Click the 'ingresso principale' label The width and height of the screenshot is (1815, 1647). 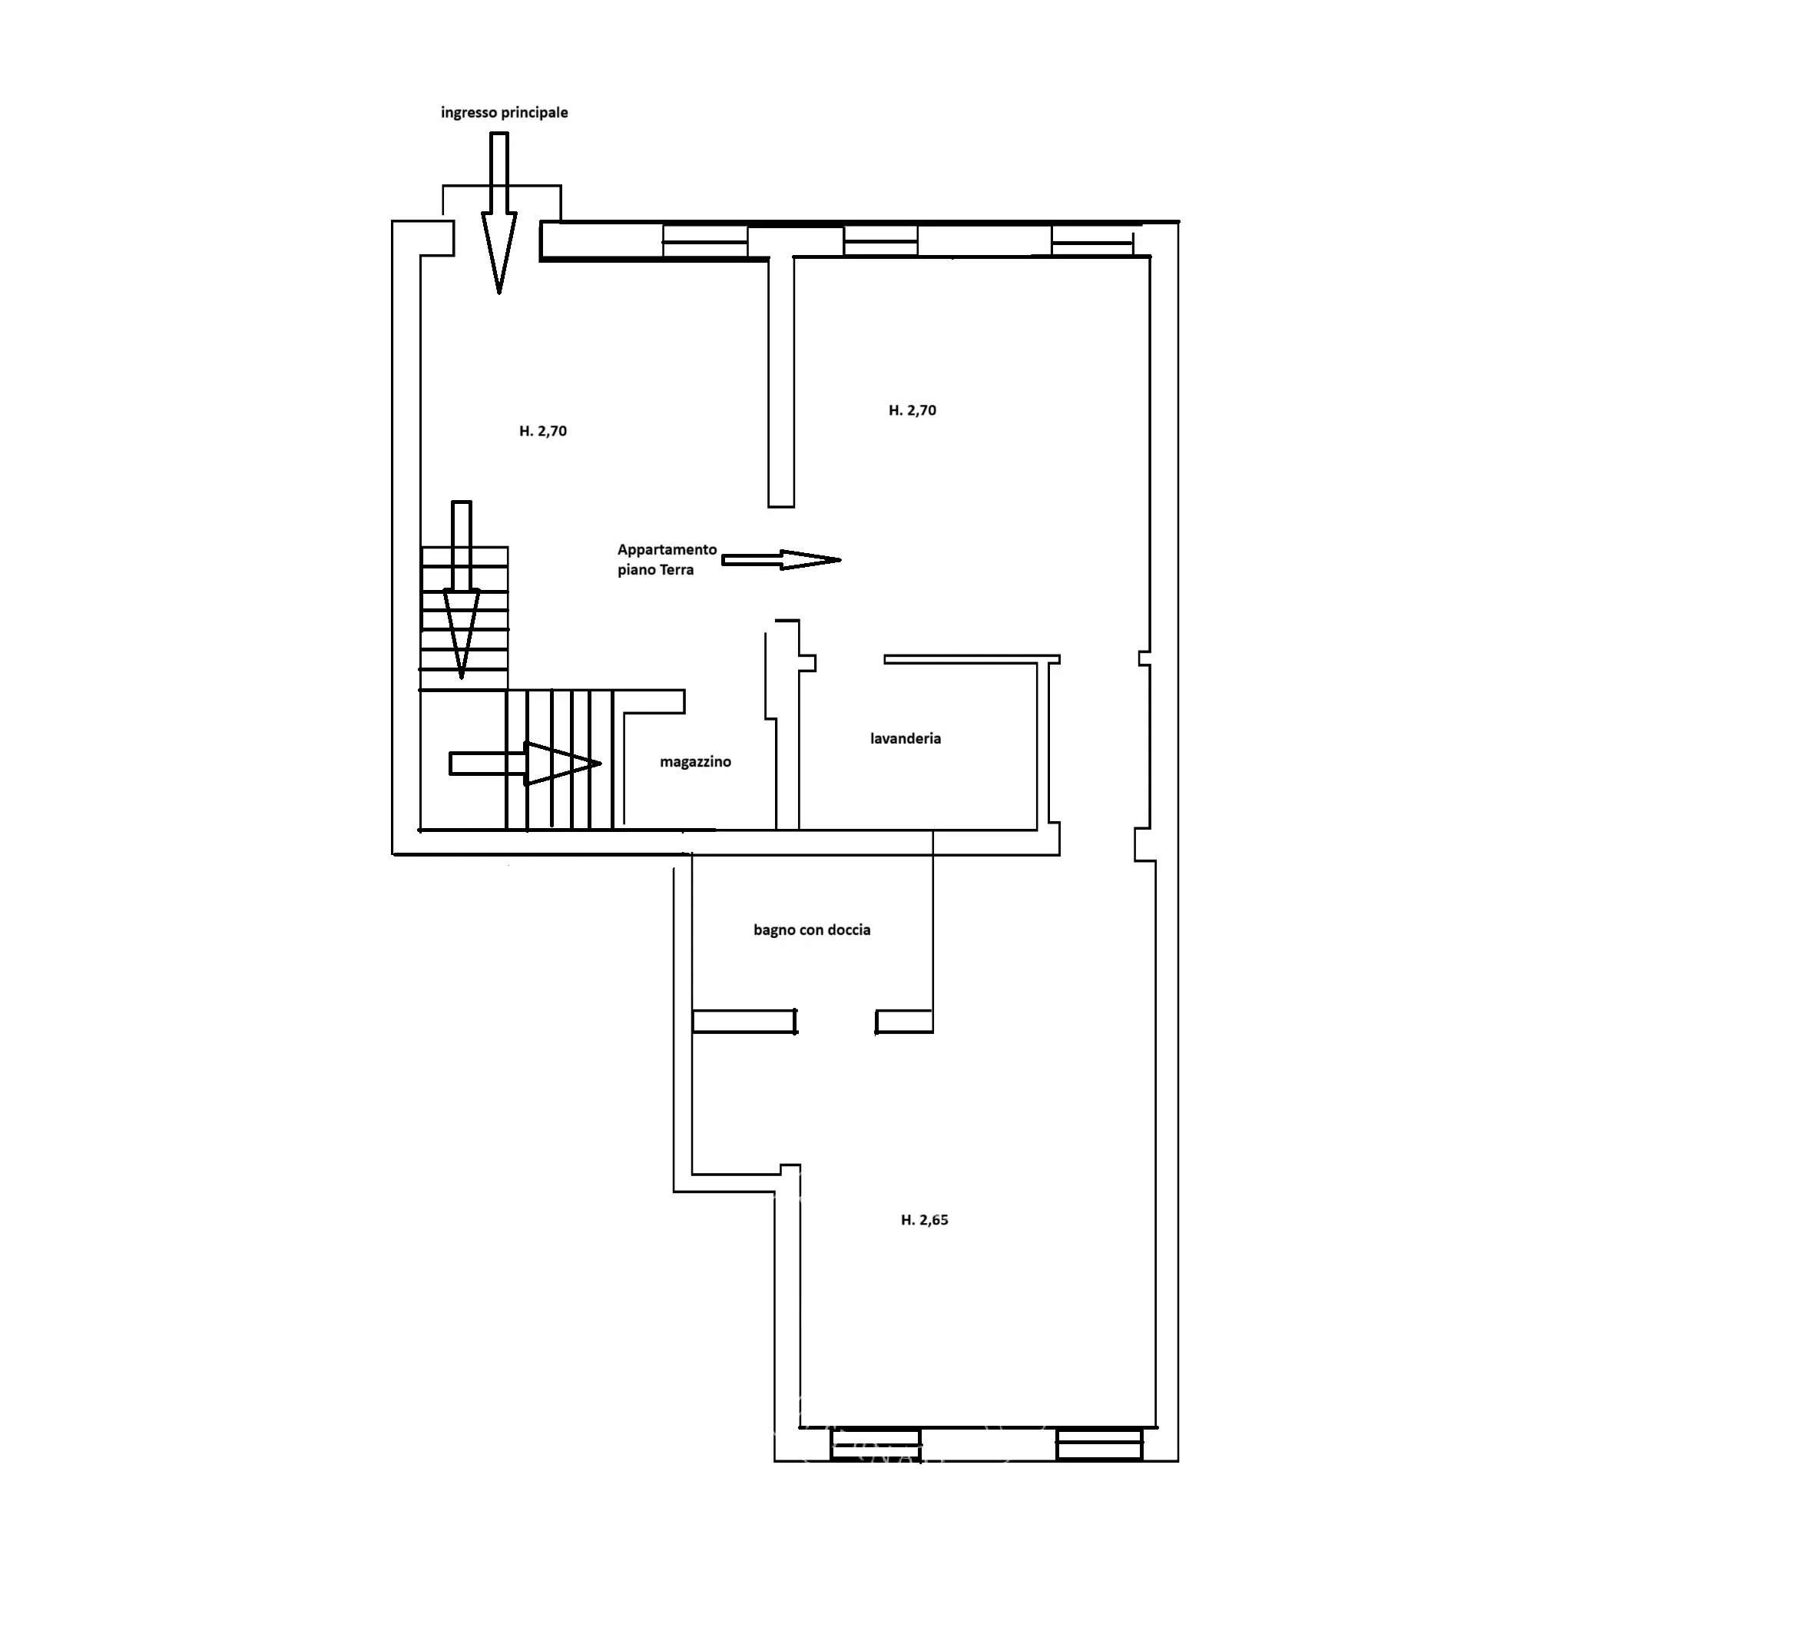tap(504, 113)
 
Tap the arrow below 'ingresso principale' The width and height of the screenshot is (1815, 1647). tap(498, 214)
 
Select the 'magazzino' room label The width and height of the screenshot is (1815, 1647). tap(695, 762)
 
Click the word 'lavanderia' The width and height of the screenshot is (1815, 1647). tap(905, 738)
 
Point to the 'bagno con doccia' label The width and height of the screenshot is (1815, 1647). tap(812, 930)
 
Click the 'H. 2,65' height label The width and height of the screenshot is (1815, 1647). tap(925, 1220)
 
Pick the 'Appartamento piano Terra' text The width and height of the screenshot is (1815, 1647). tap(667, 559)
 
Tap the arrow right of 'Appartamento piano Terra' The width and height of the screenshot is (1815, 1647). tap(781, 560)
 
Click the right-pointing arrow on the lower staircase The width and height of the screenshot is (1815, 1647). tap(525, 764)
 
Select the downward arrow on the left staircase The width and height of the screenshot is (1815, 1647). tap(461, 590)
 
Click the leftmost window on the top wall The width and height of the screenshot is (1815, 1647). tap(705, 241)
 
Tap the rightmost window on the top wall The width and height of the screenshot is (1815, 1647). tap(1092, 241)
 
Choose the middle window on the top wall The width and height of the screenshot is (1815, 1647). tap(880, 241)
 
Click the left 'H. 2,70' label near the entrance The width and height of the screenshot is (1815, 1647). tap(543, 431)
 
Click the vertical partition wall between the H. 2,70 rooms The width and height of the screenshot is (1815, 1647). tap(780, 382)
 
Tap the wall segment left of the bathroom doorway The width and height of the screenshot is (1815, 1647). tap(744, 1021)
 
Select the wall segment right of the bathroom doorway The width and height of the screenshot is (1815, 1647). tap(904, 1021)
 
